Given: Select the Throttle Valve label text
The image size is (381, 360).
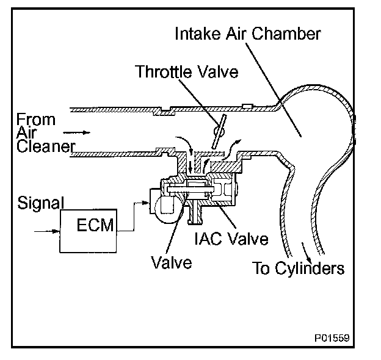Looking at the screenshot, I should (186, 72).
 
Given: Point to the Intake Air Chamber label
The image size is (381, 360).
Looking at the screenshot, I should (247, 34).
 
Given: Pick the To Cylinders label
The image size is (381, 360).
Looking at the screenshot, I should (299, 268).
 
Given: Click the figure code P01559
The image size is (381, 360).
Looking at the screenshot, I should (333, 337).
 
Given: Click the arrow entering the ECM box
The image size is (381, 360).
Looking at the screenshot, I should (48, 232).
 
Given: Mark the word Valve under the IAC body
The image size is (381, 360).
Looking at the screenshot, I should (172, 262).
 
